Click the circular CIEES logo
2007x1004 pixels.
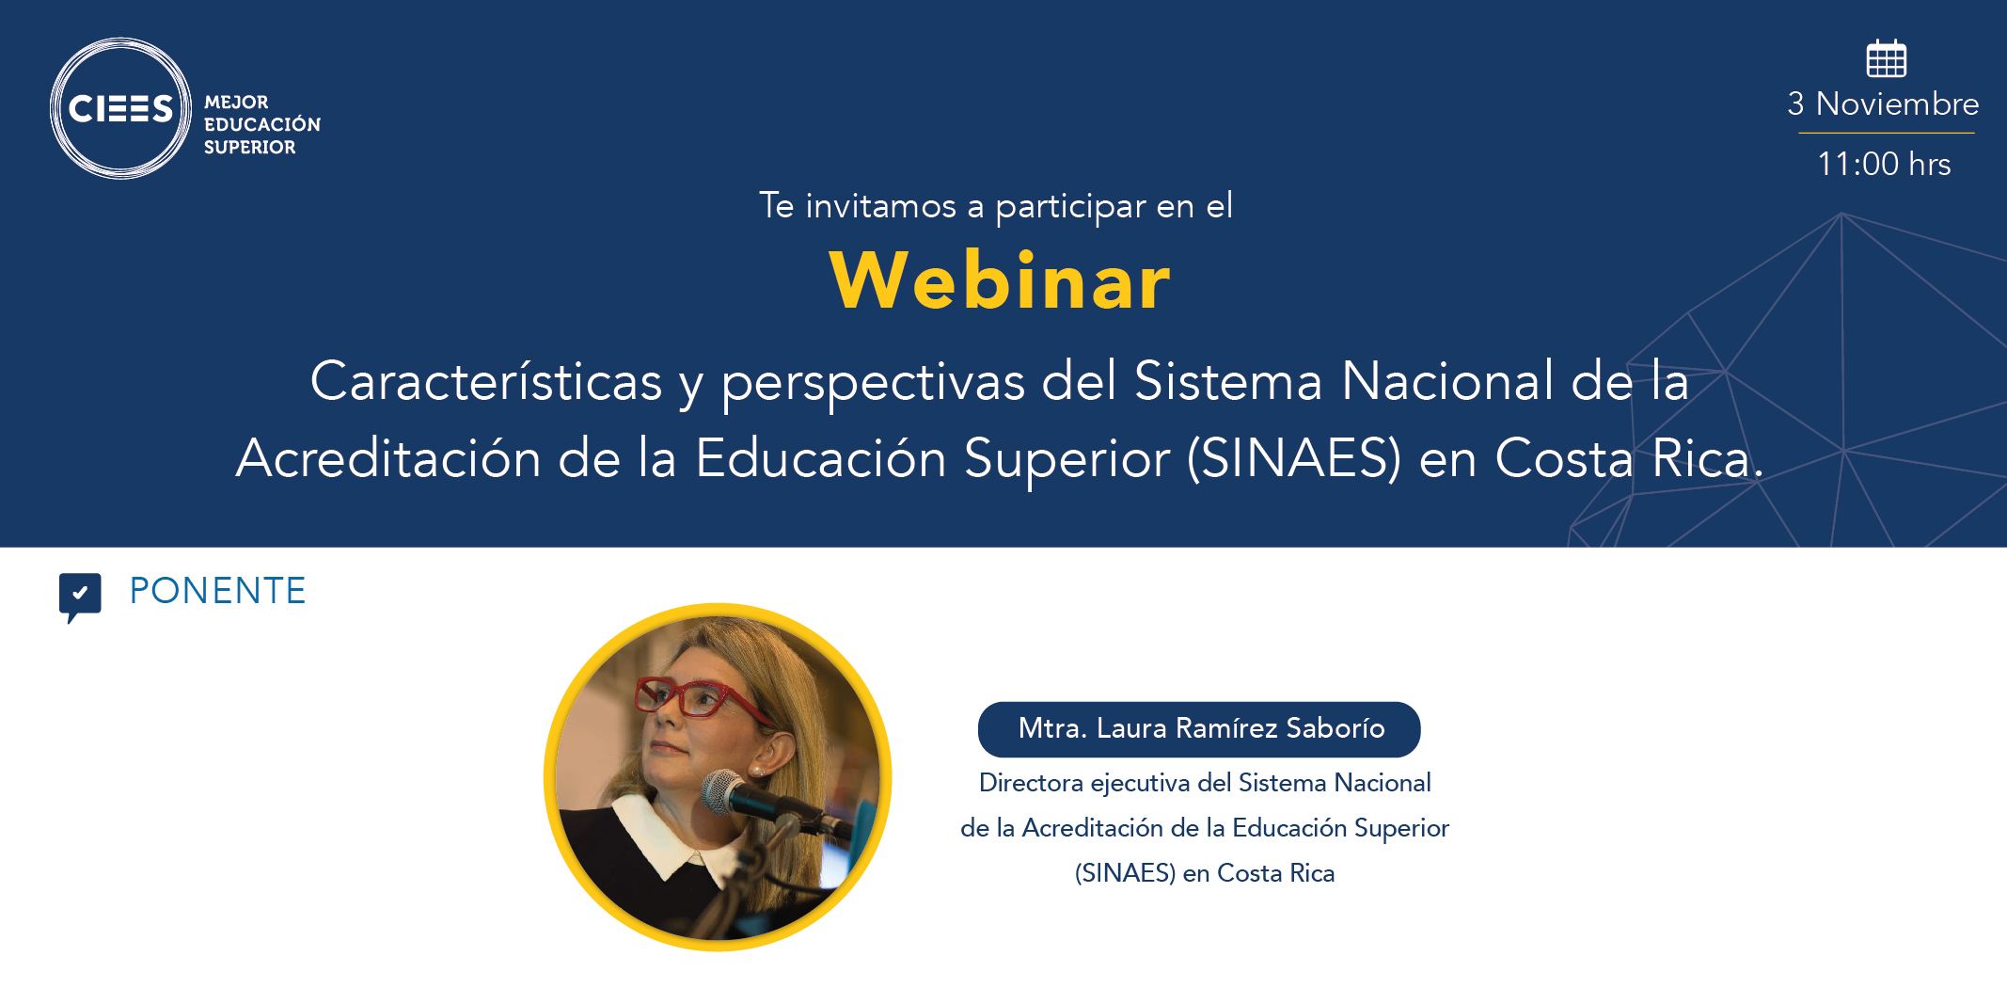coord(120,108)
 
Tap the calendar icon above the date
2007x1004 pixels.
coord(1886,58)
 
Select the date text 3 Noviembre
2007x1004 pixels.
coord(1883,104)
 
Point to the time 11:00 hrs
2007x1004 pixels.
coord(1884,164)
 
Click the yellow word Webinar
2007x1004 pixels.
coord(1000,280)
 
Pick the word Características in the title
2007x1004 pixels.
coord(486,381)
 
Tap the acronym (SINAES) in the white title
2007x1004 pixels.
coord(1294,458)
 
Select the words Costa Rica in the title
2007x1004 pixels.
coord(1629,458)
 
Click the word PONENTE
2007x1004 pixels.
coord(217,591)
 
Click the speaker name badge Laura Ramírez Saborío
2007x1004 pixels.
coord(1199,729)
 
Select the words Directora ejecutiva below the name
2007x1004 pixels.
coord(1084,783)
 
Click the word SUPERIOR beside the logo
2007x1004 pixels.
coord(249,147)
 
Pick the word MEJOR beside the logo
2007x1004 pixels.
coord(236,102)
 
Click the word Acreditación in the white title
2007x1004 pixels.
coord(388,458)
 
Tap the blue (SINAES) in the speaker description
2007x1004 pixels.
coord(1125,873)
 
